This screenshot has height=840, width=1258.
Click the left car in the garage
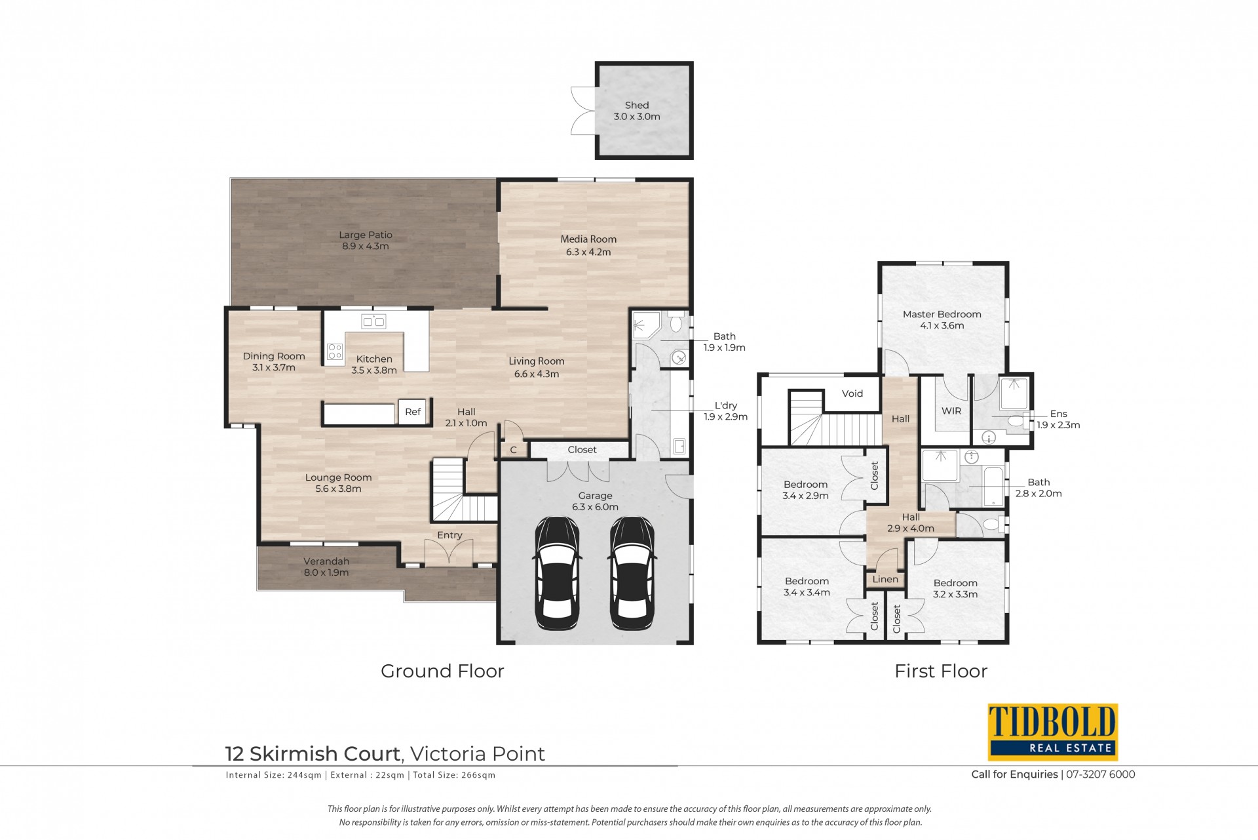pyautogui.click(x=557, y=573)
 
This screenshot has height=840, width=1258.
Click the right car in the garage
pyautogui.click(x=632, y=573)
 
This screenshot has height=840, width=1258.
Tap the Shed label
pyautogui.click(x=637, y=105)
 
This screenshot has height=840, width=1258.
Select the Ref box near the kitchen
pyautogui.click(x=413, y=412)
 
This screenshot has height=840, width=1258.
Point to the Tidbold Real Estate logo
pyautogui.click(x=1052, y=731)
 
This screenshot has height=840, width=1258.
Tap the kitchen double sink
pyautogui.click(x=373, y=321)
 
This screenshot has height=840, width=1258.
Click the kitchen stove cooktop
pyautogui.click(x=335, y=351)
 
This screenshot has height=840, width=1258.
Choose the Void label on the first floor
pyautogui.click(x=852, y=393)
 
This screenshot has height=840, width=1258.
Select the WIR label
pyautogui.click(x=951, y=411)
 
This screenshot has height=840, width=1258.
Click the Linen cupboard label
pyautogui.click(x=885, y=579)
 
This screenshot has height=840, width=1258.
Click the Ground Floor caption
pyautogui.click(x=442, y=671)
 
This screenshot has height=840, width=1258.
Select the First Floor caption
pyautogui.click(x=941, y=671)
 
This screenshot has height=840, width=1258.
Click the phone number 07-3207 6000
pyautogui.click(x=1101, y=774)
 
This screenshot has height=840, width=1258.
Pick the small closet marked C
pyautogui.click(x=514, y=449)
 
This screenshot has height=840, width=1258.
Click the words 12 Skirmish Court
pyautogui.click(x=313, y=754)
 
